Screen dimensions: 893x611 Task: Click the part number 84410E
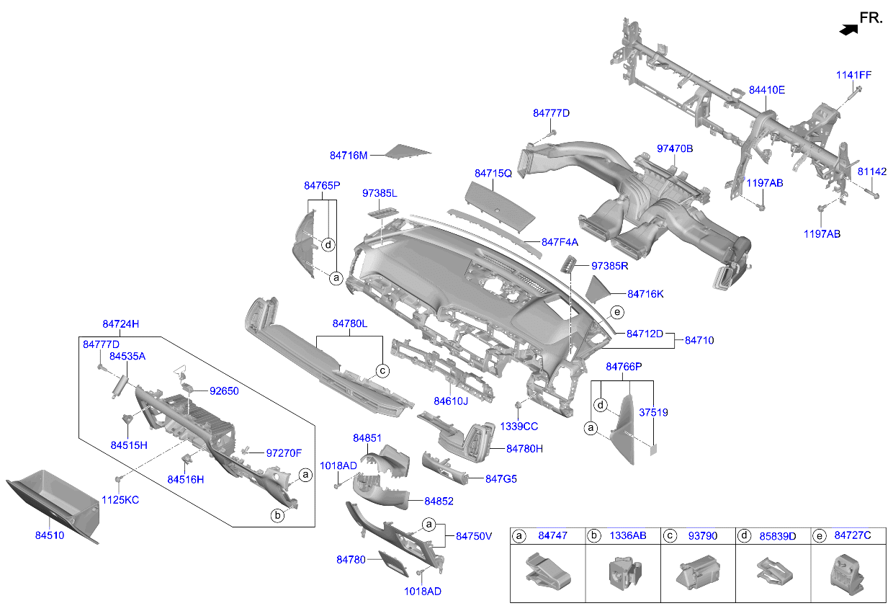(767, 90)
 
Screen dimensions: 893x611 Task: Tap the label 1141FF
(853, 75)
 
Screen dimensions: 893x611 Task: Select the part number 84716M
(349, 156)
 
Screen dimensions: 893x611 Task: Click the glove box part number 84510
(50, 535)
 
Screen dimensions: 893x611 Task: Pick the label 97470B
(675, 148)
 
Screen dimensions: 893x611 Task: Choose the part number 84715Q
(493, 174)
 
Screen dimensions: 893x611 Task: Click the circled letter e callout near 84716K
(617, 312)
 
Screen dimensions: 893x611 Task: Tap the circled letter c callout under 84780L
(382, 371)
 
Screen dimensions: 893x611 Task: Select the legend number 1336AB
(627, 535)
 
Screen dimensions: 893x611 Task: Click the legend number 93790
(702, 535)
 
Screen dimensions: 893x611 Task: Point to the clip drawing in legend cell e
(847, 575)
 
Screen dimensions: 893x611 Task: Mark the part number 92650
(224, 391)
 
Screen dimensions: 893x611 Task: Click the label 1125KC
(120, 500)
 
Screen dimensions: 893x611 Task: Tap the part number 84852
(439, 501)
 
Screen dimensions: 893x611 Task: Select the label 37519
(653, 412)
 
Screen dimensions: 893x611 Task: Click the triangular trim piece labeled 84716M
(408, 151)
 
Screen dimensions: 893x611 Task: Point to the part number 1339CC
(519, 427)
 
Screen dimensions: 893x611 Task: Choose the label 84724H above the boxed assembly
(120, 324)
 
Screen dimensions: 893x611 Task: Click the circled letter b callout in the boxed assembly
(277, 515)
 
